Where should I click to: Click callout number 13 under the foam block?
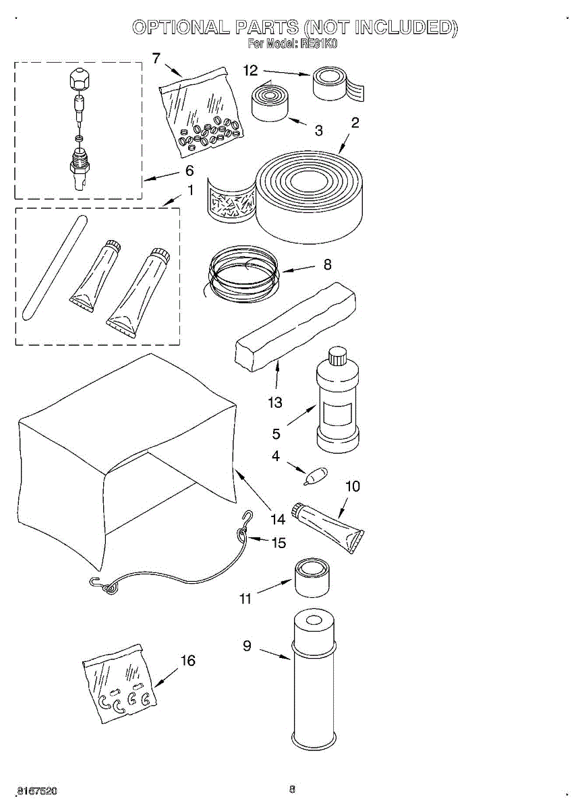pos(274,402)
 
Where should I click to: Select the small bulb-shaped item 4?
pos(314,476)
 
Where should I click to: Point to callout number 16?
pos(188,661)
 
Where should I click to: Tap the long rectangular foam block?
pos(295,327)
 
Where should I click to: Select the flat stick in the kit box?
pos(54,266)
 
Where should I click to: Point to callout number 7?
pos(156,58)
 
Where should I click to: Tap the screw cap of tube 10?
pos(297,512)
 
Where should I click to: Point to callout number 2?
pos(355,123)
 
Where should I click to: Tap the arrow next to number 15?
pos(259,539)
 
